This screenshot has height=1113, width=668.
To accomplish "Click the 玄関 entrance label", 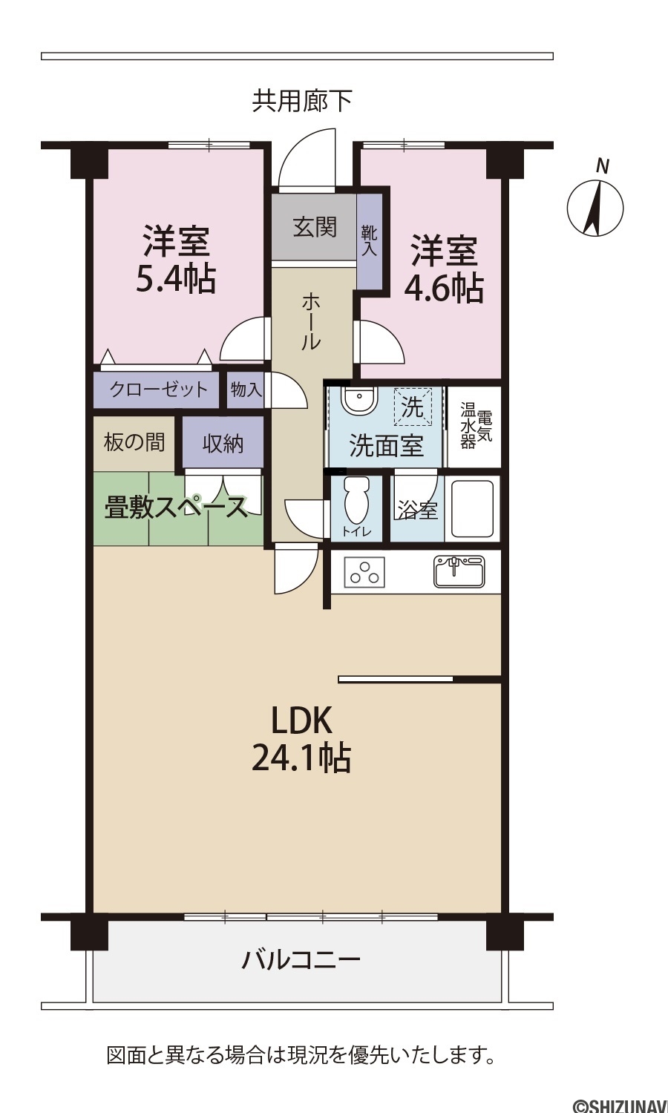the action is coord(315,227).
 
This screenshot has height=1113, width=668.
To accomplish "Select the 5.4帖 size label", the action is coord(176,278).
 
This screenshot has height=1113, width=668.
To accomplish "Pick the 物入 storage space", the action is coord(246,390).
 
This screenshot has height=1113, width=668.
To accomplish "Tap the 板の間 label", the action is coord(134,441).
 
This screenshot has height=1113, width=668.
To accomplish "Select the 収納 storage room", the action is coord(223,443).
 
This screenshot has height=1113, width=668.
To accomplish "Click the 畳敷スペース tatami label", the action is coord(176,508).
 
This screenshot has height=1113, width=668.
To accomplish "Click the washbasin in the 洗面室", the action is coord(360,401).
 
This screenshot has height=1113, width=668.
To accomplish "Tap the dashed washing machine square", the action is coord(413,407).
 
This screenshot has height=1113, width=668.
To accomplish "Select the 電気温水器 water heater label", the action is coord(476,425).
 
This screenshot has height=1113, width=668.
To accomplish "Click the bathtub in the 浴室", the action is coord(471,508).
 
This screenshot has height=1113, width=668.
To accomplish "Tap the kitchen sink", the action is coord(459,571).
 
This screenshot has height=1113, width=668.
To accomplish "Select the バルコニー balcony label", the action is coord(301,960).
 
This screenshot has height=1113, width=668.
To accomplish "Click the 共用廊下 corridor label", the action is coord(303,100).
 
